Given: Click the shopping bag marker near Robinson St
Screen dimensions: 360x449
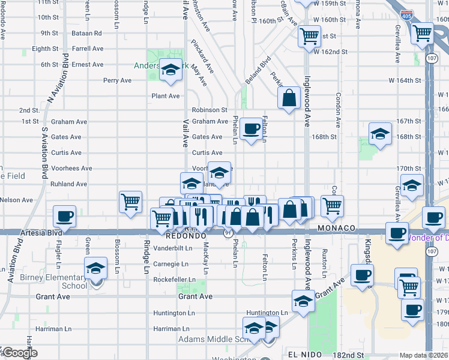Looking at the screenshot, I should [x=289, y=99].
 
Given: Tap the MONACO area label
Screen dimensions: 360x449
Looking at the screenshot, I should [x=337, y=229].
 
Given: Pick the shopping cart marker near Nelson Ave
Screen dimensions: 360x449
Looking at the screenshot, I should [x=131, y=202].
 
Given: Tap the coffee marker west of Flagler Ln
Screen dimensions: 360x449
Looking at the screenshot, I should [x=64, y=217].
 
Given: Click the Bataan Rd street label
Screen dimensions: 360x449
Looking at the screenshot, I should [x=86, y=33].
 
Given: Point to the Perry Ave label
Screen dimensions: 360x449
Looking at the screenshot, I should [x=117, y=80].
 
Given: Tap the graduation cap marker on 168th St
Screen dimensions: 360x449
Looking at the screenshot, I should [x=380, y=135].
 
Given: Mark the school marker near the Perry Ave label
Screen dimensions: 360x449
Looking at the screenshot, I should [x=171, y=73].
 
